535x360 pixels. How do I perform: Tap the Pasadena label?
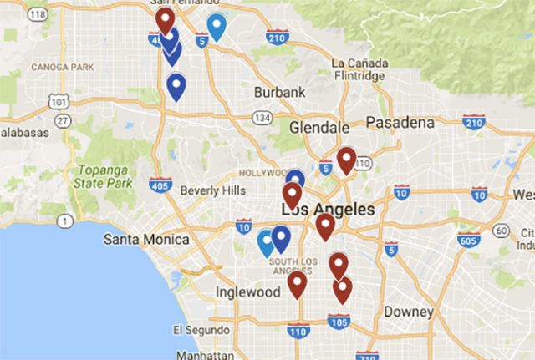400,123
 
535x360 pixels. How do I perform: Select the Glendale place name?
318,128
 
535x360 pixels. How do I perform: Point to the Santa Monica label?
145,240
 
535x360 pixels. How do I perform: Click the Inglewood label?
247,292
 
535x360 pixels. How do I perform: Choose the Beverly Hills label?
212,190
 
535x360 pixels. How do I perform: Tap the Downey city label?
408,312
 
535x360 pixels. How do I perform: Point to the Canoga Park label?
61,66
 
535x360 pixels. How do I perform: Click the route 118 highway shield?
37,14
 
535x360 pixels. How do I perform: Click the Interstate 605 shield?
471,238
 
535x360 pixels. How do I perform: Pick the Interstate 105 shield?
339,320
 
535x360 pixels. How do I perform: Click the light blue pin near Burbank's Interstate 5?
217,26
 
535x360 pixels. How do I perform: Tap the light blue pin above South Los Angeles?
267,241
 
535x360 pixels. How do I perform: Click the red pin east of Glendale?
345,158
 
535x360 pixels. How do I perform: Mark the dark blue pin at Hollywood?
294,178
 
